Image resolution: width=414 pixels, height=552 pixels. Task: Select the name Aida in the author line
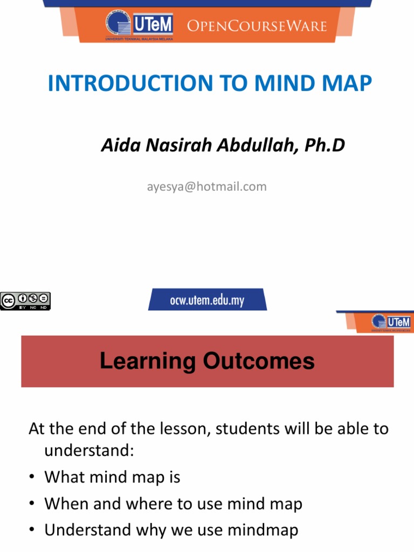pos(117,145)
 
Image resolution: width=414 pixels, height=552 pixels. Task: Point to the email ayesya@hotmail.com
pos(206,187)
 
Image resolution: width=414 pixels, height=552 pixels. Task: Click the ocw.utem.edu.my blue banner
pos(208,300)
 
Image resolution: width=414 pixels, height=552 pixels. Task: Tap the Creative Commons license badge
pos(25,300)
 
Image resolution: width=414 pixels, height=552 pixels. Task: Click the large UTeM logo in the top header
pos(139,25)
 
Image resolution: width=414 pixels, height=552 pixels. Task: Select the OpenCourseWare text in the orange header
pos(257,25)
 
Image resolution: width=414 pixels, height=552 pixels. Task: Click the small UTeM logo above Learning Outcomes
pos(391,322)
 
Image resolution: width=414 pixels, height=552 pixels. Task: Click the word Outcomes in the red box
pos(259,361)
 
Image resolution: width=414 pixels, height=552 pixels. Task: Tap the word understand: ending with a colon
pos(88,451)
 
